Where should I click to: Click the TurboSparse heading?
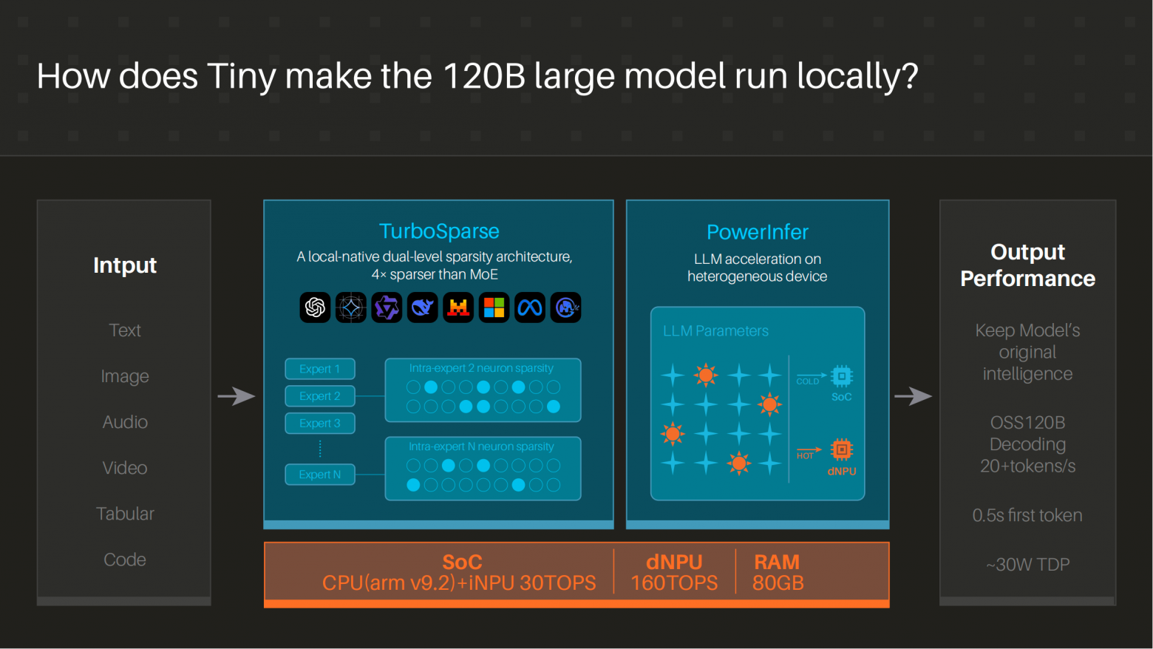(439, 231)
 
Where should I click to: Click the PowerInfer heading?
(757, 232)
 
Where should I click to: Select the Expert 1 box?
(319, 369)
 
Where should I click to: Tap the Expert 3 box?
(319, 423)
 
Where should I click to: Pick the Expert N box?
(319, 475)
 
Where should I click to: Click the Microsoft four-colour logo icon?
(494, 307)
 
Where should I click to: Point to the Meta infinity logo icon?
(530, 307)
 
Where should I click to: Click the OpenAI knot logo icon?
(315, 307)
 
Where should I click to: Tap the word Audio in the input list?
(125, 422)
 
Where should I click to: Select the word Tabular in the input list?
(125, 514)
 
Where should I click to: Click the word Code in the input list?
(125, 560)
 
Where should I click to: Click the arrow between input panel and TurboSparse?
(237, 396)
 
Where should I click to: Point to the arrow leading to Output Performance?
(913, 396)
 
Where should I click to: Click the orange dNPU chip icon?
(842, 450)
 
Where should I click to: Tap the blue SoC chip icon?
(842, 376)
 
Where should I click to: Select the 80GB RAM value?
(778, 583)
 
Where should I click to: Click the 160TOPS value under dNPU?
(674, 583)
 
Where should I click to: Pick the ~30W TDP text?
(1028, 565)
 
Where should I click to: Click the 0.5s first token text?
(1027, 515)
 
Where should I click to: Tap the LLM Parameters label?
(715, 331)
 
